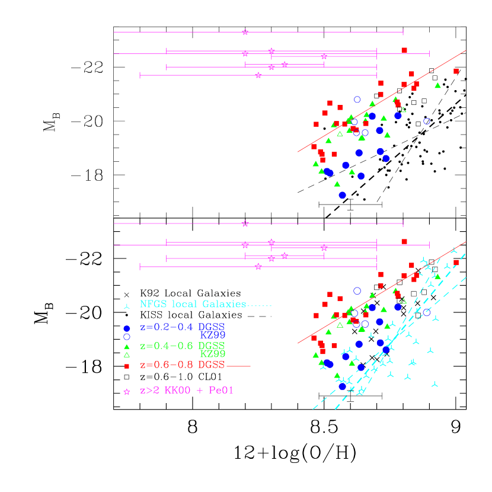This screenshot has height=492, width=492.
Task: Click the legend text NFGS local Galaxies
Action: (x=193, y=304)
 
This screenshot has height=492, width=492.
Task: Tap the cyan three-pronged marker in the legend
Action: (x=126, y=306)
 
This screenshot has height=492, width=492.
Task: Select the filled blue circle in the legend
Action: (x=126, y=328)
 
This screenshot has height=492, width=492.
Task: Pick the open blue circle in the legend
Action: (x=126, y=337)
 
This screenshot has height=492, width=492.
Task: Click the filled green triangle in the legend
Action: (x=126, y=347)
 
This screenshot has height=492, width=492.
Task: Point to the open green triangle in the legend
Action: (x=126, y=355)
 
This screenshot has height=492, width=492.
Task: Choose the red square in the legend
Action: (x=126, y=366)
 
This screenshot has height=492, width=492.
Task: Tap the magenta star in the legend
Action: (x=126, y=392)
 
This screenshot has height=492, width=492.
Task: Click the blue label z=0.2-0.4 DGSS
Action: (x=182, y=327)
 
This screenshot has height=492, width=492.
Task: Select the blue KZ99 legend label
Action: (x=212, y=336)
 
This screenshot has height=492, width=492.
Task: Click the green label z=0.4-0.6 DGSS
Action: (x=182, y=346)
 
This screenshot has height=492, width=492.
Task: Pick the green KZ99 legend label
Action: (x=212, y=354)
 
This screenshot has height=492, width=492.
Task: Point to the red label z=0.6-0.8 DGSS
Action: (x=182, y=365)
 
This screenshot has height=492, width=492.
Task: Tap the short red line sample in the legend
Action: (x=238, y=366)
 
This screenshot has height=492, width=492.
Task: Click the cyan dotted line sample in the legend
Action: (x=260, y=306)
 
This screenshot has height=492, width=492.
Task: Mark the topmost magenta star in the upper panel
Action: (x=245, y=32)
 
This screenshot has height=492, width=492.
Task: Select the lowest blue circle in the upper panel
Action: (x=342, y=195)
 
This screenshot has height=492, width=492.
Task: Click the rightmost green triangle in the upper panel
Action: (x=437, y=85)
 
